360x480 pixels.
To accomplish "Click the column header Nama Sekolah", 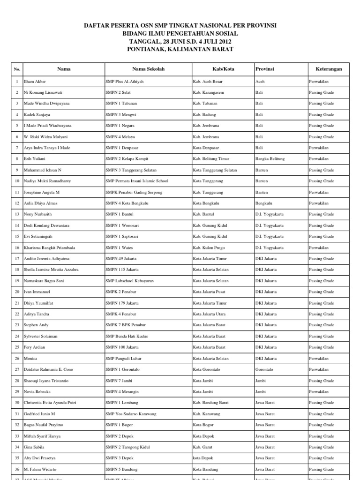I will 148,69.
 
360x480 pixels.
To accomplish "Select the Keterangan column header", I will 329,69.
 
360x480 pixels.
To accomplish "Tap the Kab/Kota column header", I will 223,69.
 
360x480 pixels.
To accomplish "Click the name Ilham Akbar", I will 35,82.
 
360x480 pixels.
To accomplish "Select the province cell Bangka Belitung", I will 270,159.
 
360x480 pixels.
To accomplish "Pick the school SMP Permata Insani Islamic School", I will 137,181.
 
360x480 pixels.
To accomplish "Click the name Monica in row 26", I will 30,358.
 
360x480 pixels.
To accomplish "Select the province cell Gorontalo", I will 265,369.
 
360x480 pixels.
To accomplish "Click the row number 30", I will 17,403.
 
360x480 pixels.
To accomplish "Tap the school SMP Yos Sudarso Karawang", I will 131,414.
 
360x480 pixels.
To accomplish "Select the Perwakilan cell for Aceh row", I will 319,82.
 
